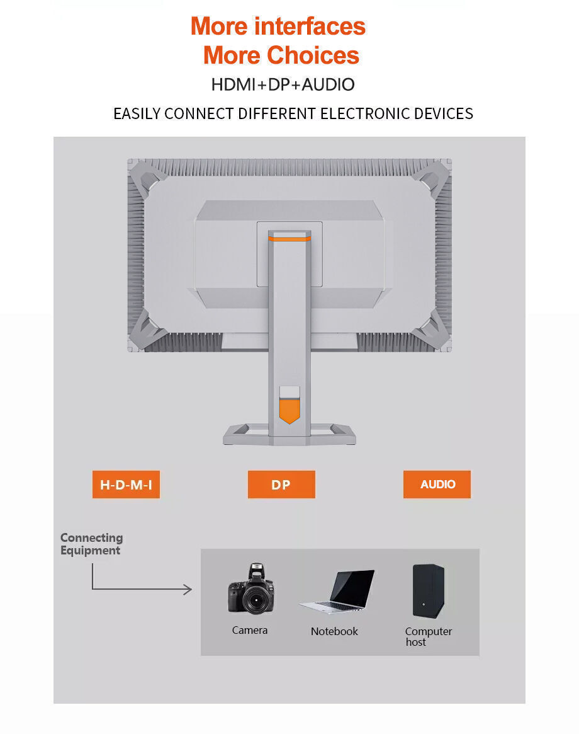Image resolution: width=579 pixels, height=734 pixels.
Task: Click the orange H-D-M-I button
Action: (x=126, y=485)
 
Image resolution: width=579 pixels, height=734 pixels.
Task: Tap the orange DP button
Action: (x=281, y=485)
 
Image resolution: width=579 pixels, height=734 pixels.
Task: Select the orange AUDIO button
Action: (x=437, y=485)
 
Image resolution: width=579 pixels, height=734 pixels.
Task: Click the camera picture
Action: (x=251, y=589)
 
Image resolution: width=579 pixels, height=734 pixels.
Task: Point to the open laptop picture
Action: (x=338, y=592)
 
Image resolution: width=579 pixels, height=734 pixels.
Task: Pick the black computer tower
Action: (x=429, y=591)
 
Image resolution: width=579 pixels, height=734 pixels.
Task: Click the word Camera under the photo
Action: (x=250, y=630)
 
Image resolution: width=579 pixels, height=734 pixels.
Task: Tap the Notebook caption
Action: (x=334, y=631)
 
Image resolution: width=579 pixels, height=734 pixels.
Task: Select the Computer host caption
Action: (x=429, y=636)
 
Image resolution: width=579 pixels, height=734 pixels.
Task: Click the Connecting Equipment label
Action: (x=92, y=544)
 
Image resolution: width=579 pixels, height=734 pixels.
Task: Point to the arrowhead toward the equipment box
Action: (x=188, y=589)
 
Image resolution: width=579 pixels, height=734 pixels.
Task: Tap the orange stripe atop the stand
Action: (x=289, y=239)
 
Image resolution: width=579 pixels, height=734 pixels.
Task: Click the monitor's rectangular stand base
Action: (x=289, y=434)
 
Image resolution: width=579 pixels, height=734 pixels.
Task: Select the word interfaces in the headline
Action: (x=310, y=26)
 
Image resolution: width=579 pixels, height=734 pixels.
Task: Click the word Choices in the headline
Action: (x=313, y=55)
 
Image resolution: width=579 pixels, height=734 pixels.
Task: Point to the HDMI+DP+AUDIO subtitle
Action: (x=283, y=84)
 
